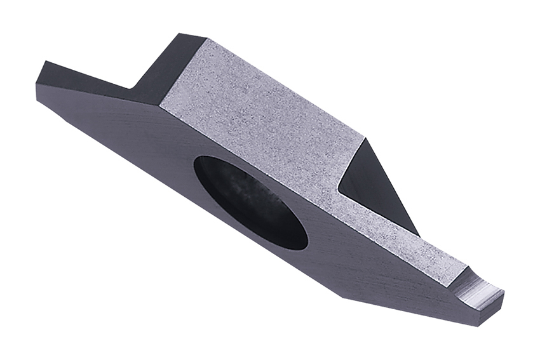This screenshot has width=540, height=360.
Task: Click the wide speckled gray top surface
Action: click(x=267, y=114)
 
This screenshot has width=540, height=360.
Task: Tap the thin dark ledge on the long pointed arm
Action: click(x=89, y=79)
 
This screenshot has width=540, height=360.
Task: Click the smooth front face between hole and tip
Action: click(x=375, y=267)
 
